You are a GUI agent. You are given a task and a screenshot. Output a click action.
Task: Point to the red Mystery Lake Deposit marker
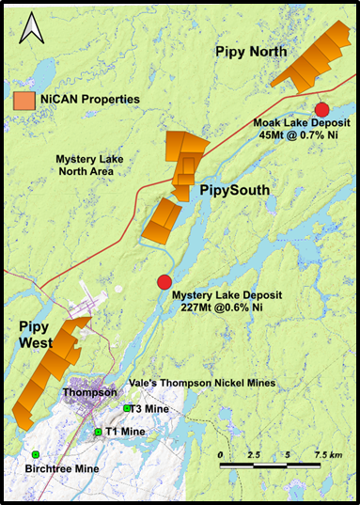click(x=164, y=281)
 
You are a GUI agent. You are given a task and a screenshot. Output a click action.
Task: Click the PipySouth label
click(x=234, y=191)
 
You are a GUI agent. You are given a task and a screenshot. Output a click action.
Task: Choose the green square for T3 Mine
click(x=128, y=408)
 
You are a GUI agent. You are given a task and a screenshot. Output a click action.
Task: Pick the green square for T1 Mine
click(x=97, y=431)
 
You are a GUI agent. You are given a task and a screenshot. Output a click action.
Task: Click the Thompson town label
click(x=88, y=392)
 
